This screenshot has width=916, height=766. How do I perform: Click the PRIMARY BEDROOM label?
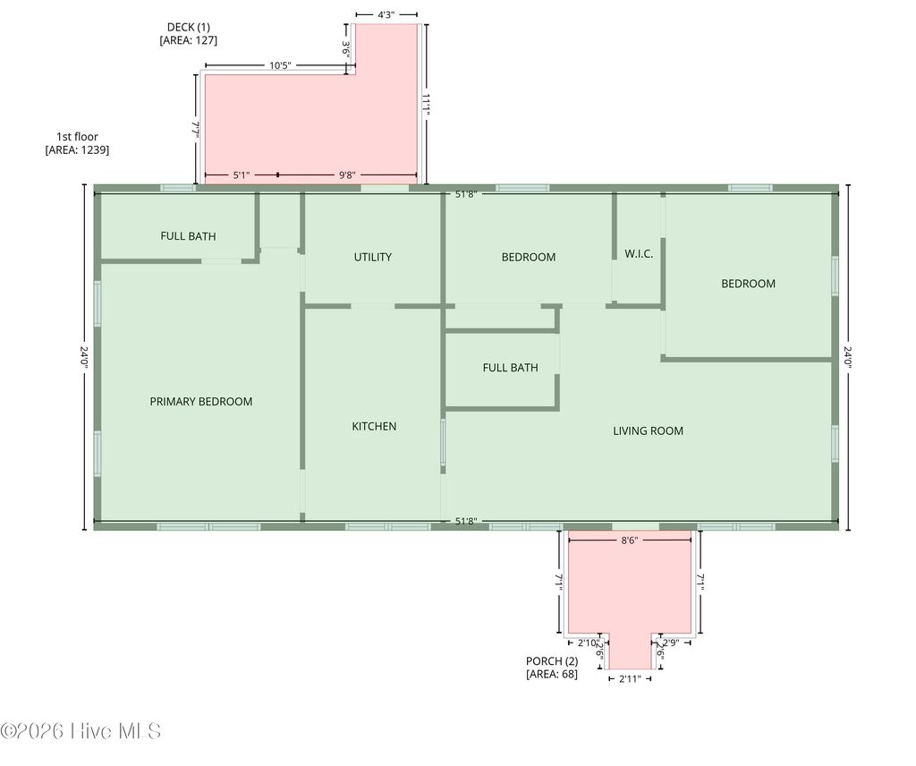coord(200,402)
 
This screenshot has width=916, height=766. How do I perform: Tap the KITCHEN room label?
coord(374,426)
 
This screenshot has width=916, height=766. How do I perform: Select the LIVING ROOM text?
coord(648,430)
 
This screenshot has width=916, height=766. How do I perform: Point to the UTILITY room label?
coord(372,257)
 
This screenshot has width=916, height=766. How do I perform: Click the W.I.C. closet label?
coord(639,254)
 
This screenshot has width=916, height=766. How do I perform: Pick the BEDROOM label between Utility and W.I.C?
coord(528,257)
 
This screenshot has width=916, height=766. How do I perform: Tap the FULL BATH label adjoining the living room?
coord(510,367)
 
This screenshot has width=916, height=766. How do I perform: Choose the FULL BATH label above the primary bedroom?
coord(188,236)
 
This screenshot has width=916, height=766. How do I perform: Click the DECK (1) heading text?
coord(188,26)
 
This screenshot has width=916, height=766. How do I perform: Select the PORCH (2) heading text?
coord(552,661)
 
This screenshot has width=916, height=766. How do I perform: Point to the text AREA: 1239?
coord(77,150)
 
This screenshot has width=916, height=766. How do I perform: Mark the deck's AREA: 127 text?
coord(188,40)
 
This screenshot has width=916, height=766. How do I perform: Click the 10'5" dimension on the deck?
coord(280,65)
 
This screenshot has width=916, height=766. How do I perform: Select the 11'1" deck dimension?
coord(428,105)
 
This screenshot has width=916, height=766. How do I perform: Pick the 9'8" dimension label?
coord(349,175)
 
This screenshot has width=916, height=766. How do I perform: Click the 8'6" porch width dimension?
coord(630,540)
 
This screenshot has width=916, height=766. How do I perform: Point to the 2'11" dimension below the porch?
coord(630,679)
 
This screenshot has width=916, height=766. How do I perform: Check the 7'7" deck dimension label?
coord(195,129)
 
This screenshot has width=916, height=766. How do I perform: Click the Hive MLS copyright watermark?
coord(81,731)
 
